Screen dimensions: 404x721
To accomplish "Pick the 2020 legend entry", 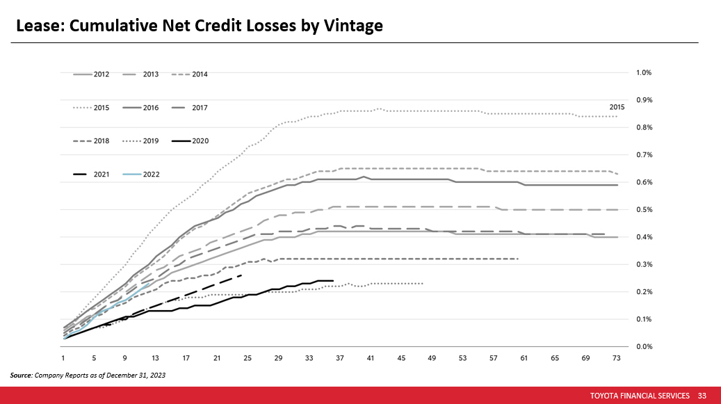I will [x=200, y=141].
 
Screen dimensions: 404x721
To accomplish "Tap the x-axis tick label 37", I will [x=340, y=358].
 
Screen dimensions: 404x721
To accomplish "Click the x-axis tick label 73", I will [x=616, y=358].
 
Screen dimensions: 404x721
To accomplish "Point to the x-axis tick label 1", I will [x=63, y=358].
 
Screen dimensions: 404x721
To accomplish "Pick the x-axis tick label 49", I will [x=432, y=358].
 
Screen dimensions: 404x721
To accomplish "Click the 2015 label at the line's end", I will [x=617, y=107].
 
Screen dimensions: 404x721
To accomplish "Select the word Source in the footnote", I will [x=21, y=375].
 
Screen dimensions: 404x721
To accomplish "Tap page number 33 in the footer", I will [x=702, y=396].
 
